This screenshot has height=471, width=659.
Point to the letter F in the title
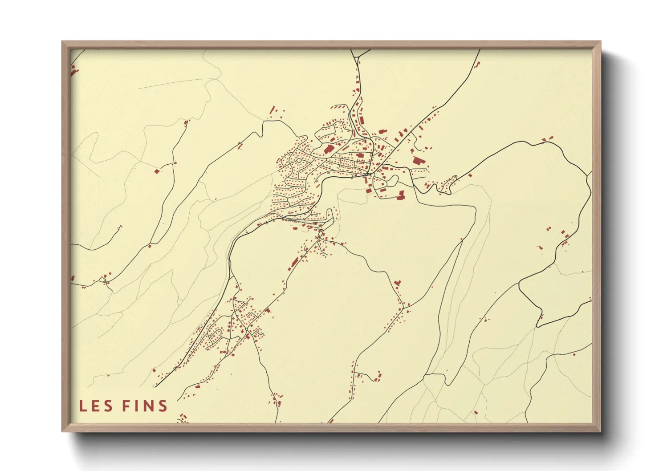coord(126,406)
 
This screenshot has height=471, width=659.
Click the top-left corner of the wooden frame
coord(63,42)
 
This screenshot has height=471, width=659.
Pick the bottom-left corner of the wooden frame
coord(63,431)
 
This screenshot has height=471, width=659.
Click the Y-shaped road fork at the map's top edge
coord(358,58)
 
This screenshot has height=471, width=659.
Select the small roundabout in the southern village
coord(246,329)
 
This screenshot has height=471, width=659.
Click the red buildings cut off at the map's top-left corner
coord(74,70)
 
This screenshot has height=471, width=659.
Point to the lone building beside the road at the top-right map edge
coord(478,65)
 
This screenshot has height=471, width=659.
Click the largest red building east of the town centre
coord(417,161)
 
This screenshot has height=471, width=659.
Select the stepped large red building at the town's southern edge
coord(401,195)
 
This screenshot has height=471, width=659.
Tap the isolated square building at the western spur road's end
coord(156,171)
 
